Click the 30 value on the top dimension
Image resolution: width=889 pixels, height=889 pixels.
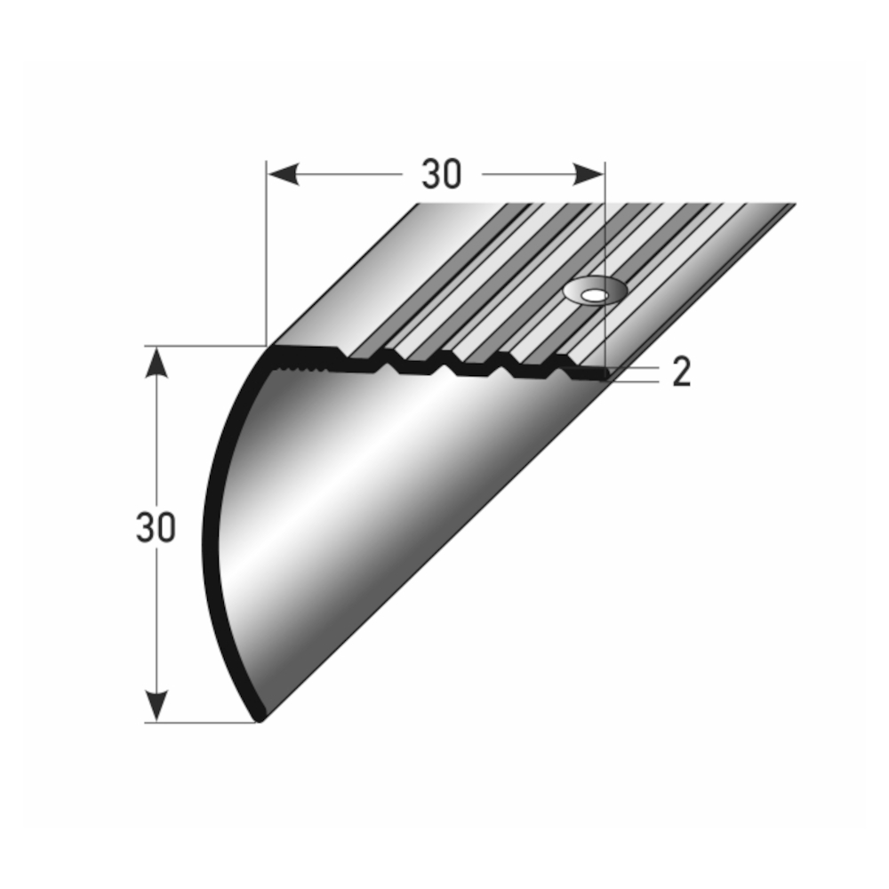pos(442,175)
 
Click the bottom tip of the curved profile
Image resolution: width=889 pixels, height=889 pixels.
pos(259,717)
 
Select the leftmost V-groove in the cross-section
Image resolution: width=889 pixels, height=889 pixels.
pos(389,364)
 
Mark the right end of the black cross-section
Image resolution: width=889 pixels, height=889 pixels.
pos(606,377)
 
